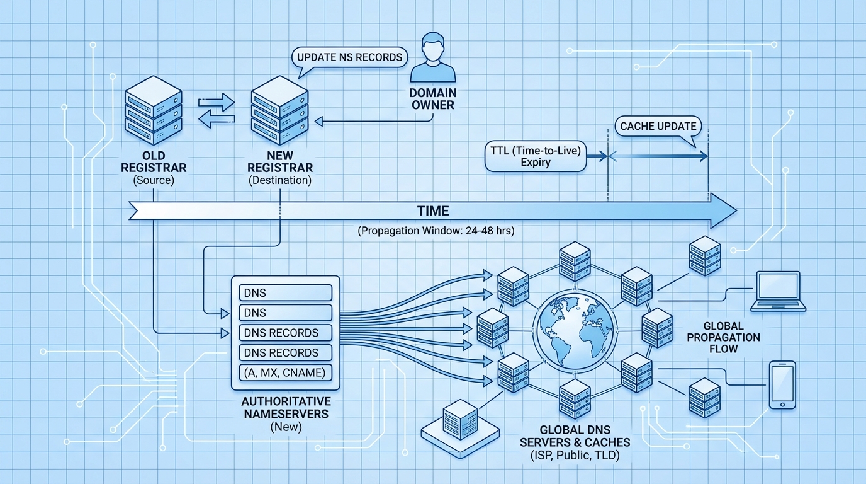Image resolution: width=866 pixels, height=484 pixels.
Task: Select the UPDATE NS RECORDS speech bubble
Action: pos(349,57)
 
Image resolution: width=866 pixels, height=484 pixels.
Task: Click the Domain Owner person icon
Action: pos(432,59)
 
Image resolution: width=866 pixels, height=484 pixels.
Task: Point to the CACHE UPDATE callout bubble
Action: pos(658,126)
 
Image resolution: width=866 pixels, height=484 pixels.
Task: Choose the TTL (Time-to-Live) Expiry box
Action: pos(536,156)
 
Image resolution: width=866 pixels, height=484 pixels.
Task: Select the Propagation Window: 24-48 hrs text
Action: pos(436,231)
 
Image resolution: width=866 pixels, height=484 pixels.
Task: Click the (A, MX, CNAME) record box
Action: pos(285,373)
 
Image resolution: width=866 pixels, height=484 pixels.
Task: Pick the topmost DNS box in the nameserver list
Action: pos(285,292)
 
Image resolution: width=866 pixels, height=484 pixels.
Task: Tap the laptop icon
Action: pos(779,291)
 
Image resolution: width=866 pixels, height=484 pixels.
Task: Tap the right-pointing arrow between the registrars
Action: pos(216,101)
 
